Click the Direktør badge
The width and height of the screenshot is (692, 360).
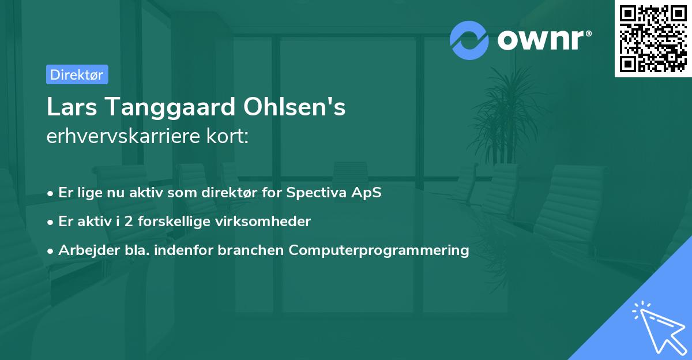click(77, 74)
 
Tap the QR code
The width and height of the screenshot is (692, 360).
click(653, 39)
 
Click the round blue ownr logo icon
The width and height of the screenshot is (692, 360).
click(469, 40)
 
